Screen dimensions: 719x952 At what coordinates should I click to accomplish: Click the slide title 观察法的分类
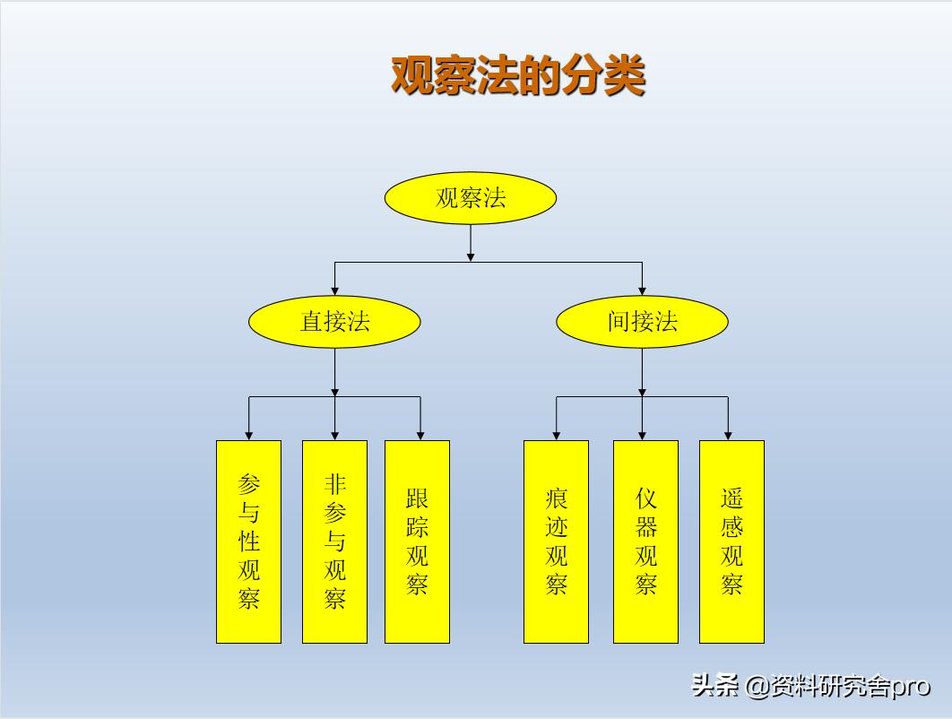518,75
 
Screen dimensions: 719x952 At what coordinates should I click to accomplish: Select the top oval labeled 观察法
471,198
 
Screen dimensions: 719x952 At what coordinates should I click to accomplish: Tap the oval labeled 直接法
334,322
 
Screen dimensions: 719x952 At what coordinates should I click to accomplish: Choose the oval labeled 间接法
642,322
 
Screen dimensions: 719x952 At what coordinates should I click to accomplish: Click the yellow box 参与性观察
248,541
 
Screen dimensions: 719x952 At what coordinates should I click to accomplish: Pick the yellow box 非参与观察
334,541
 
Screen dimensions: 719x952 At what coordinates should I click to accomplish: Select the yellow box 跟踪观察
417,541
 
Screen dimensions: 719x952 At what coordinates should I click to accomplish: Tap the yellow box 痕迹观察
556,541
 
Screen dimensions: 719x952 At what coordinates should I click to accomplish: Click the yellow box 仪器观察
645,541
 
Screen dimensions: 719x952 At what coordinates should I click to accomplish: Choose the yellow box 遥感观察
731,541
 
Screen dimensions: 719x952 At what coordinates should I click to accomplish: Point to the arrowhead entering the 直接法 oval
334,290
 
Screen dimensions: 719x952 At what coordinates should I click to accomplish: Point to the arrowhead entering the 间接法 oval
642,290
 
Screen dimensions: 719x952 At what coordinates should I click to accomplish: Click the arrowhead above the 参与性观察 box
248,435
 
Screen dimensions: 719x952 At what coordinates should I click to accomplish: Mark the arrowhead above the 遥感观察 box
728,435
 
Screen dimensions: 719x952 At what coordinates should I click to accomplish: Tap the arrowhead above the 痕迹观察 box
556,435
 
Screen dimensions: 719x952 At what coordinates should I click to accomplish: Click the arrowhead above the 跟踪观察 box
420,435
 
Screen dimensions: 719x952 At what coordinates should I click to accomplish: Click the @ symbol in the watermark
756,687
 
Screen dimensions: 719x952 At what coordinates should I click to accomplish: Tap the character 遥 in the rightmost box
731,498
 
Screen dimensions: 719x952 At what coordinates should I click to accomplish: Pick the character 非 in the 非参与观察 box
334,485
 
